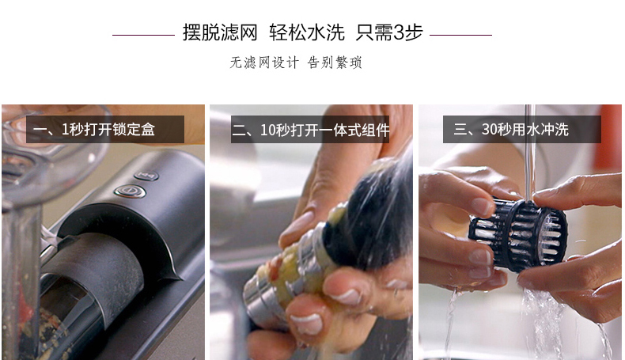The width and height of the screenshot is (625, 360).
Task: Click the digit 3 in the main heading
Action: (399, 32)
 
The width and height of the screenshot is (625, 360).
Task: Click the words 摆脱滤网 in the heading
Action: (220, 32)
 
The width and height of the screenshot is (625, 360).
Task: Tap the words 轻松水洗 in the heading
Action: (307, 32)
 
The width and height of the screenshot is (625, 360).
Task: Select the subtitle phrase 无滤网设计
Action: (264, 63)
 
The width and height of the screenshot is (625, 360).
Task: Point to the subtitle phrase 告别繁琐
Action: (335, 63)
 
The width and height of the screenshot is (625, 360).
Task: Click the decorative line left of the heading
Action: (143, 35)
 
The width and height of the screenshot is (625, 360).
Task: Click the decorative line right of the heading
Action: (460, 35)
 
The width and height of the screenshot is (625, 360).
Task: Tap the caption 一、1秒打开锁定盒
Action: (94, 130)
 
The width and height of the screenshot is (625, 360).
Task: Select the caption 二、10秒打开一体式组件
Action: (310, 130)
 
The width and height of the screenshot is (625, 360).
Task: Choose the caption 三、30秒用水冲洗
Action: (511, 130)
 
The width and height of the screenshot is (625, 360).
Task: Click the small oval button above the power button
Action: (146, 176)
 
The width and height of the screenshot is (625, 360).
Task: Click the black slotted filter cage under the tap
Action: (517, 235)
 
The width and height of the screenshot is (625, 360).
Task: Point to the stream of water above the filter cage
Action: (530, 151)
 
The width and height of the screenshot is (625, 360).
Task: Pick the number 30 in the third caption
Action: (489, 130)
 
